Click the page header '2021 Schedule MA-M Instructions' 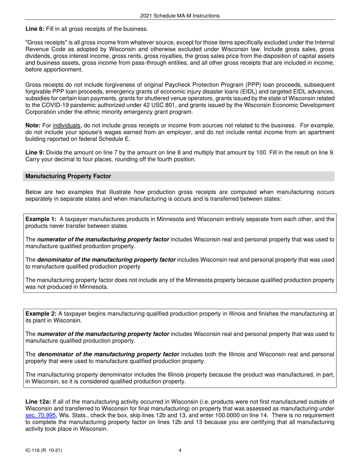180,16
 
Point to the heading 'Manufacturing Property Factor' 68,176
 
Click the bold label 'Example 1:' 41,219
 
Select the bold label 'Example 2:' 41,314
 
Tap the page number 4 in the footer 180,450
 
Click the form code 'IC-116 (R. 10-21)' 44,450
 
